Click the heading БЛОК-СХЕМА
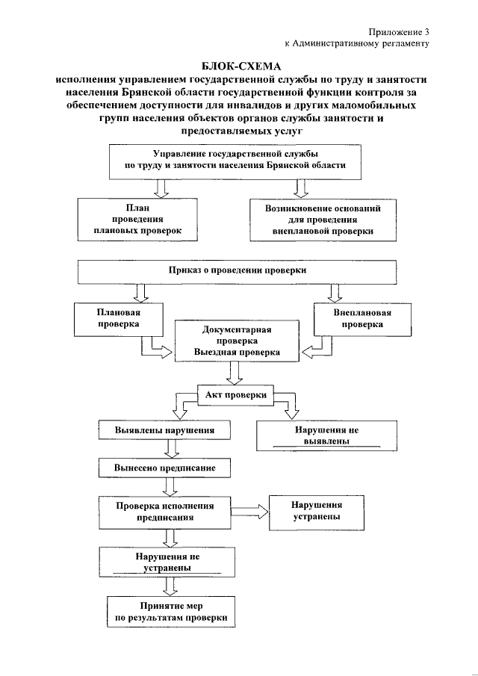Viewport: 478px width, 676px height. pos(239,66)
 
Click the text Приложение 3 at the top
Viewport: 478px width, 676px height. pos(400,31)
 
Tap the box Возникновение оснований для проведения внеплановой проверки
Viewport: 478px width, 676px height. pos(323,220)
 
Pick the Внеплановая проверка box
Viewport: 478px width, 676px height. pos(362,319)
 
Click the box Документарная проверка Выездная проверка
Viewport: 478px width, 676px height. pos(237,341)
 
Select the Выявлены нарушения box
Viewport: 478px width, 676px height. pos(165,431)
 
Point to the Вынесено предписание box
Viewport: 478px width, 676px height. pos(165,468)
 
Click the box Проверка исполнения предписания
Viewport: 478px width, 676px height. pos(165,511)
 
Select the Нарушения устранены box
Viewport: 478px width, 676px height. pos(317,511)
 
